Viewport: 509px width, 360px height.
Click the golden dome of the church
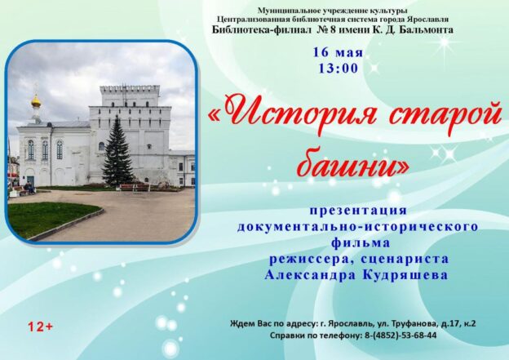(36, 101)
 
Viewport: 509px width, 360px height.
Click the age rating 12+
(40, 327)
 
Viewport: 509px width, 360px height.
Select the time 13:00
(339, 69)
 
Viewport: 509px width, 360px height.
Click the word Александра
(308, 275)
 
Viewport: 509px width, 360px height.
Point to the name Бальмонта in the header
(424, 30)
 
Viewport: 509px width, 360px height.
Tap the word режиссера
(308, 259)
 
